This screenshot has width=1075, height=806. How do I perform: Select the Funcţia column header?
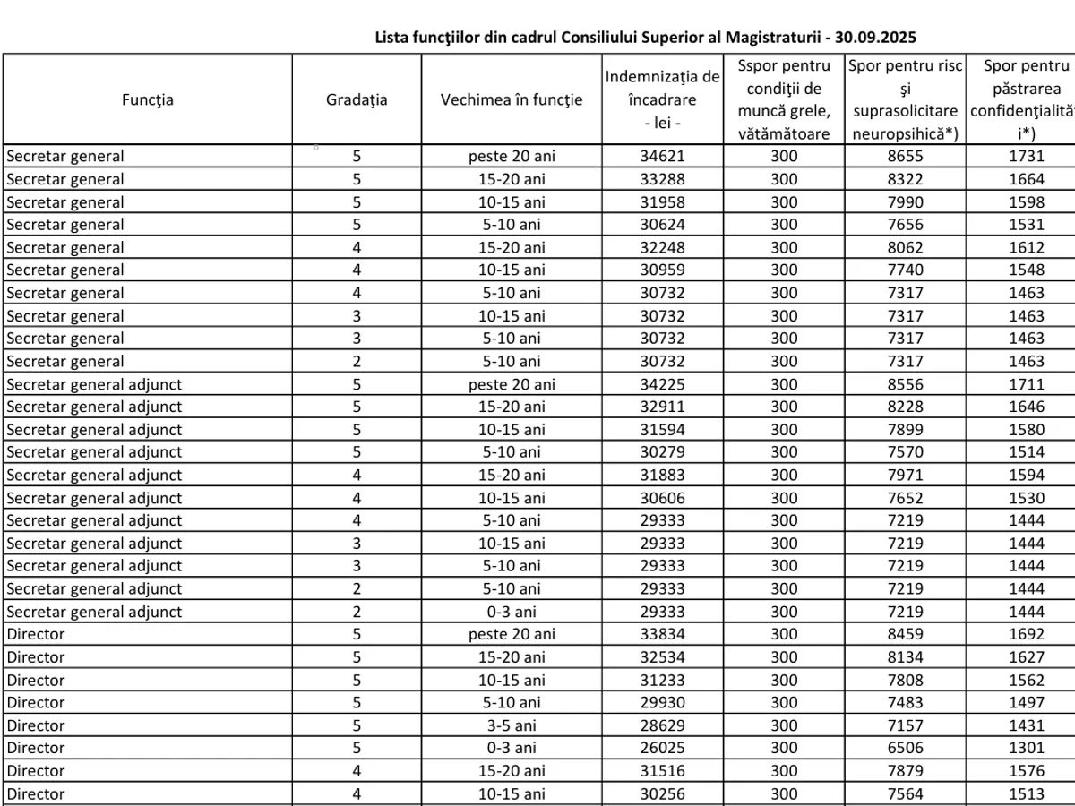pyautogui.click(x=148, y=99)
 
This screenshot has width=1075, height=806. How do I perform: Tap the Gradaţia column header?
pyautogui.click(x=357, y=99)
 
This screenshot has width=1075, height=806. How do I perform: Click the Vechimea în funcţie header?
pyautogui.click(x=512, y=99)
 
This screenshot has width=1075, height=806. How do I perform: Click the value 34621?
pyautogui.click(x=663, y=156)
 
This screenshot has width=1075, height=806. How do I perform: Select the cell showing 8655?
pyautogui.click(x=905, y=156)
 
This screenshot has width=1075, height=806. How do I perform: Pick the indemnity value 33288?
pyautogui.click(x=663, y=179)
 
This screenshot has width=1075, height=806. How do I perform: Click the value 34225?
pyautogui.click(x=663, y=384)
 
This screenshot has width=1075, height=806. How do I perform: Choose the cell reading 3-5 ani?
pyautogui.click(x=512, y=725)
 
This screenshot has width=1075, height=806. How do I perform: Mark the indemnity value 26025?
pyautogui.click(x=663, y=748)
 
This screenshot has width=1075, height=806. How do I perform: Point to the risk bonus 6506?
pyautogui.click(x=905, y=748)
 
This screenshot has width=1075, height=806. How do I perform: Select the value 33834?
pyautogui.click(x=663, y=634)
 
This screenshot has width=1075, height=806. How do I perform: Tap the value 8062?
pyautogui.click(x=905, y=247)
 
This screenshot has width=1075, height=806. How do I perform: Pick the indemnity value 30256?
pyautogui.click(x=663, y=793)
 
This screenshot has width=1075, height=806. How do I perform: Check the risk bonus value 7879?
pyautogui.click(x=905, y=771)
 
